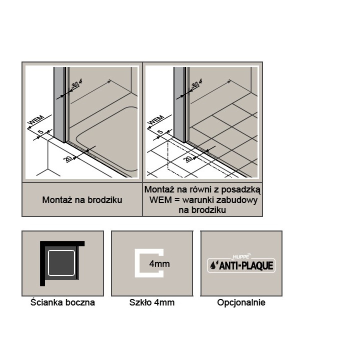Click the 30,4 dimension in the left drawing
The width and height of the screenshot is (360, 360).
click(x=76, y=83)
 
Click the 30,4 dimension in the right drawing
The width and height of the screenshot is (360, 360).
click(x=196, y=83)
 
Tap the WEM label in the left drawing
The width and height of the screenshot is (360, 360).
click(x=36, y=120)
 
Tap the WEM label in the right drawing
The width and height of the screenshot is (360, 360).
click(x=156, y=120)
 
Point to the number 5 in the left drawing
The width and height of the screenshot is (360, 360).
click(x=40, y=132)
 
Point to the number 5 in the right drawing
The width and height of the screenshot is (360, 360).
click(x=160, y=132)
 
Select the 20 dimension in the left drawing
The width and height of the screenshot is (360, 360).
click(x=68, y=158)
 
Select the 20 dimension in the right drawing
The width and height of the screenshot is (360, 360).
click(x=188, y=158)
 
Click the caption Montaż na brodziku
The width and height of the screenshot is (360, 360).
click(x=82, y=199)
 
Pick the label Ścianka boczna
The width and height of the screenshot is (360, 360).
click(x=62, y=302)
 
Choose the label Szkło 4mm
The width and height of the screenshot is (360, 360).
click(x=152, y=302)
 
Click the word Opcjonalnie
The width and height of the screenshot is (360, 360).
click(x=241, y=302)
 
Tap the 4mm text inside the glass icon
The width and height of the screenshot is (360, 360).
click(x=159, y=264)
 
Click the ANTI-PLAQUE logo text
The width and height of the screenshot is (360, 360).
click(x=246, y=265)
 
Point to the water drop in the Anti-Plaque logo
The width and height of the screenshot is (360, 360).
click(x=213, y=266)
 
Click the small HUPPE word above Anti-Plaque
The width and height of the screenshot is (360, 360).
click(x=240, y=256)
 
